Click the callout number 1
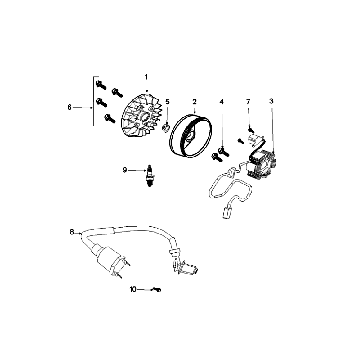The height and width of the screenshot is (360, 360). [x=146, y=77]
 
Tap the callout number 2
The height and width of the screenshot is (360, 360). [x=194, y=101]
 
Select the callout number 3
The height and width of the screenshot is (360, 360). [x=271, y=101]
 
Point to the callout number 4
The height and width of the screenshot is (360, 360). [x=221, y=101]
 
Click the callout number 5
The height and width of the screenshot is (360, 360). [x=167, y=101]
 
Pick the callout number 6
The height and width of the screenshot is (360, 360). [x=69, y=107]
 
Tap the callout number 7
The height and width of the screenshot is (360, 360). [x=248, y=101]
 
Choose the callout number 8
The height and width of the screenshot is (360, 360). [x=72, y=232]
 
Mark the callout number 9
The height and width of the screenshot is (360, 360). [x=125, y=170]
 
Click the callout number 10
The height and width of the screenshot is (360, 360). [x=133, y=290]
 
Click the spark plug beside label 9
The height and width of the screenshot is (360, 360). [x=149, y=175]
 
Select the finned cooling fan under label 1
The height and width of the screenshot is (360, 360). [x=142, y=114]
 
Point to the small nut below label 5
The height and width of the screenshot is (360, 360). [x=166, y=127]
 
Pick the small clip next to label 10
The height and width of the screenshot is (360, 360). [x=156, y=290]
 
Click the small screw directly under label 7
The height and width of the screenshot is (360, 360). [x=250, y=129]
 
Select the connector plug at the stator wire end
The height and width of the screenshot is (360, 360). [x=227, y=213]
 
